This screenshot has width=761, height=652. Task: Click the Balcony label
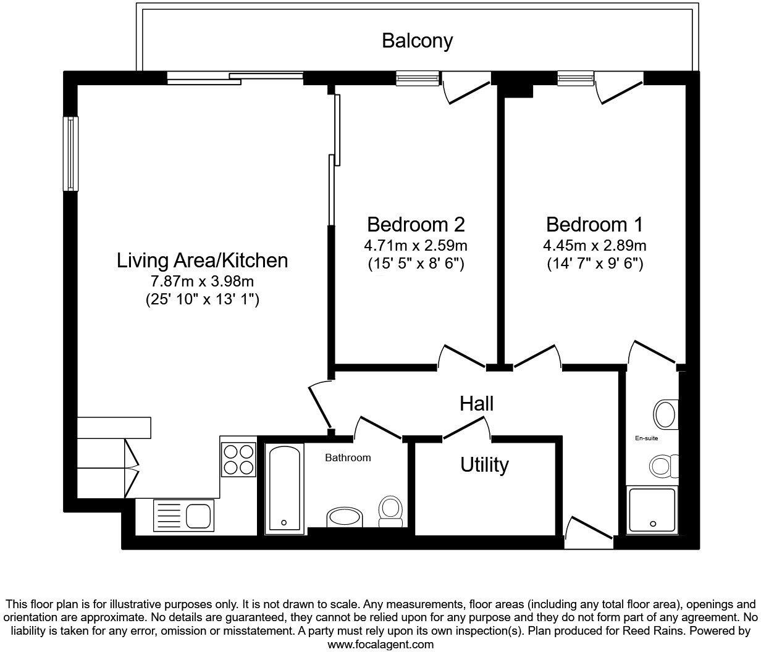[417, 41]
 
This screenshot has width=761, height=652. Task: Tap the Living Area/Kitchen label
[202, 261]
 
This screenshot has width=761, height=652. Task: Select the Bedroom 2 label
[415, 224]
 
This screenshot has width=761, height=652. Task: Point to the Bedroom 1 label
[594, 224]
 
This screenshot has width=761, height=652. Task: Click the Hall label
[476, 404]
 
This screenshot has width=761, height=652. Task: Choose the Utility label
[484, 465]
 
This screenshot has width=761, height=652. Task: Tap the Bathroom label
[348, 458]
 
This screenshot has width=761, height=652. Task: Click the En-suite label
[646, 438]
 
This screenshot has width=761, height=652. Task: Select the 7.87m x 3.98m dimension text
[202, 282]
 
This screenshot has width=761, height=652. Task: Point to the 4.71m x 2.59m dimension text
[415, 246]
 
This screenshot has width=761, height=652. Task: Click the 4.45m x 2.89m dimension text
[594, 246]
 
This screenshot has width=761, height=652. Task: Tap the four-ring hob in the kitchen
[238, 458]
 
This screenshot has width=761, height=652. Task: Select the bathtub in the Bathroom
[284, 488]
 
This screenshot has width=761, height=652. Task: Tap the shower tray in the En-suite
[652, 510]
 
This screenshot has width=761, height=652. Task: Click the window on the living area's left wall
[71, 153]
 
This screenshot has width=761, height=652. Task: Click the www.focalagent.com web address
[380, 645]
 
